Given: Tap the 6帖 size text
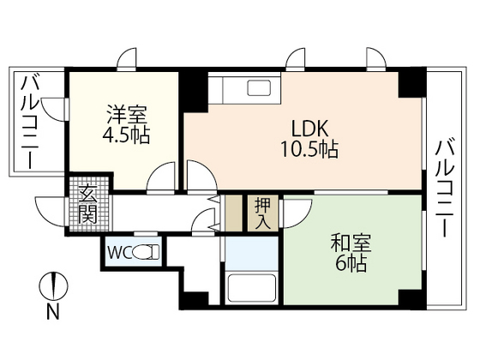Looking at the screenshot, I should (x=350, y=265).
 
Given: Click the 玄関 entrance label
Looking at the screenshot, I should (x=87, y=204).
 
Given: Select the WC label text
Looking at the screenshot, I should (x=118, y=254).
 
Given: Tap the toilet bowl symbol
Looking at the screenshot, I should (x=148, y=254).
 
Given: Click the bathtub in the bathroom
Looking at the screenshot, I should (x=250, y=288).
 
